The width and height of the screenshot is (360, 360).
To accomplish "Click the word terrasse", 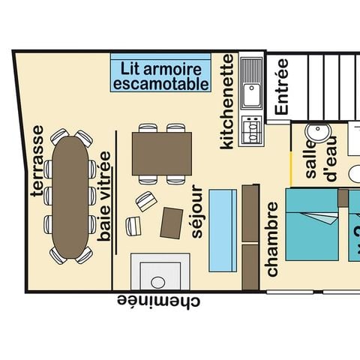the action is pos(38,161).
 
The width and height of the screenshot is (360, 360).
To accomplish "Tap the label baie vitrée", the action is pos(104,196).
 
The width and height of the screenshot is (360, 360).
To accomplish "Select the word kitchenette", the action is pos(227,101).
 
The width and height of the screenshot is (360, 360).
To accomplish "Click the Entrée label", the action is pos(282,87).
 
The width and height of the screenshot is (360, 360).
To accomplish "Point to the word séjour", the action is pos(197,211).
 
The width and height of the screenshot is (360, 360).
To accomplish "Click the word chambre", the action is pos(272,239).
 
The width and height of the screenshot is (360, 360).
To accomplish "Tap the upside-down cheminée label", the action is pos(158,301).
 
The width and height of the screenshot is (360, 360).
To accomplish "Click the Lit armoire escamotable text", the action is pos(161,76).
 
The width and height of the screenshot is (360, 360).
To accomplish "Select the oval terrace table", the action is pos(70,197).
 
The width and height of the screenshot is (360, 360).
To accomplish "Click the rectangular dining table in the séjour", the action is pos(162,154).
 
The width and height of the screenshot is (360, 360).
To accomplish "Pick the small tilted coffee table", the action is pos(172,223).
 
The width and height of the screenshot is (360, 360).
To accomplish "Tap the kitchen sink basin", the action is pos(251,95).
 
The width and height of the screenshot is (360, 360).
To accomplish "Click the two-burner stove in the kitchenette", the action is pos(252,130).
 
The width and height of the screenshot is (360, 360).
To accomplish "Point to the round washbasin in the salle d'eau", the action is pos(318,132).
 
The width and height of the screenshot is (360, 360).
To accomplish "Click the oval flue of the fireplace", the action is pos(158,283).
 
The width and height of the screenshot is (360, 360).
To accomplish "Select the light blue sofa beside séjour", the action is pos(223,230).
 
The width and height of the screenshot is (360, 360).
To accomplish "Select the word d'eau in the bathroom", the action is pos(331,158).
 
